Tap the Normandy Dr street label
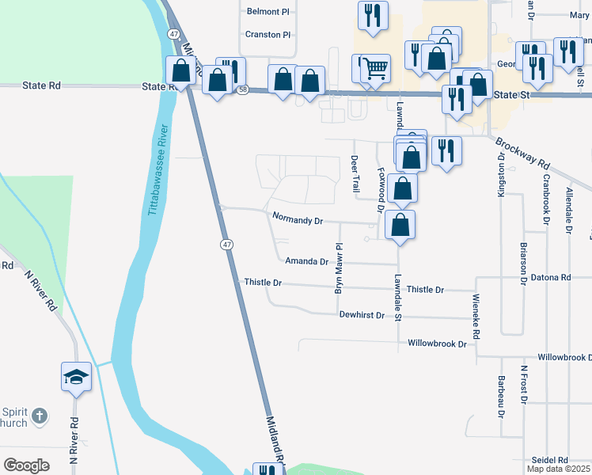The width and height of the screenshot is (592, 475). [297, 219]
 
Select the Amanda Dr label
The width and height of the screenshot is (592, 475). [306, 261]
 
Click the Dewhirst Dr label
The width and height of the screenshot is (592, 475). [362, 315]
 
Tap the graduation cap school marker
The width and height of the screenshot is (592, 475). [77, 377]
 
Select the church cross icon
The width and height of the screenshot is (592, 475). [40, 414]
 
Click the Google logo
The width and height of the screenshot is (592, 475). [27, 465]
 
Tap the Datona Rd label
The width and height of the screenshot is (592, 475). [555, 278]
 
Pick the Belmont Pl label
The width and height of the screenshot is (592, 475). [263, 12]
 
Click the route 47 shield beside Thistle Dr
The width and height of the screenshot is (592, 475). [226, 245]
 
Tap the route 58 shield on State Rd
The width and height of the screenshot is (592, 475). [242, 90]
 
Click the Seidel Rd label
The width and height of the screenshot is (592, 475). [551, 460]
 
